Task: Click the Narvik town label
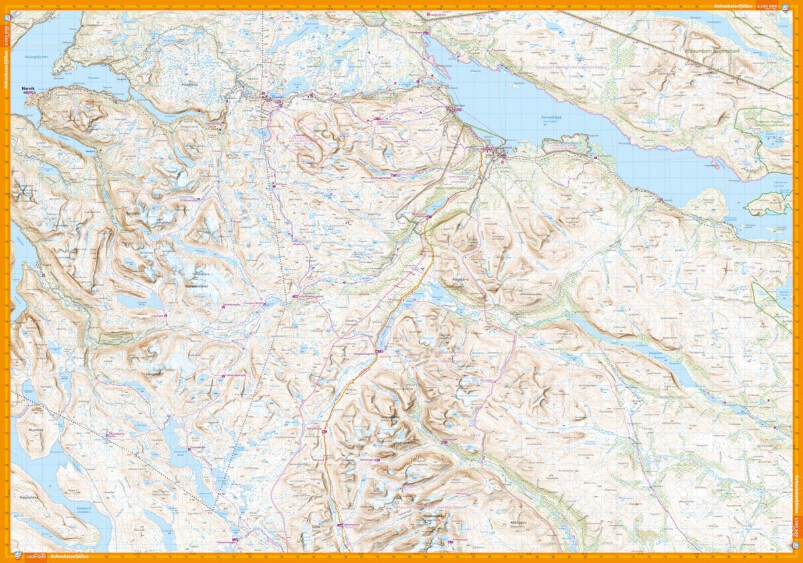[27, 87]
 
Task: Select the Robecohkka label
[29, 479]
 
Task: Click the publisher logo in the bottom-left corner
[17, 556]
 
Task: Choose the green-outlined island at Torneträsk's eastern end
[768, 203]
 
